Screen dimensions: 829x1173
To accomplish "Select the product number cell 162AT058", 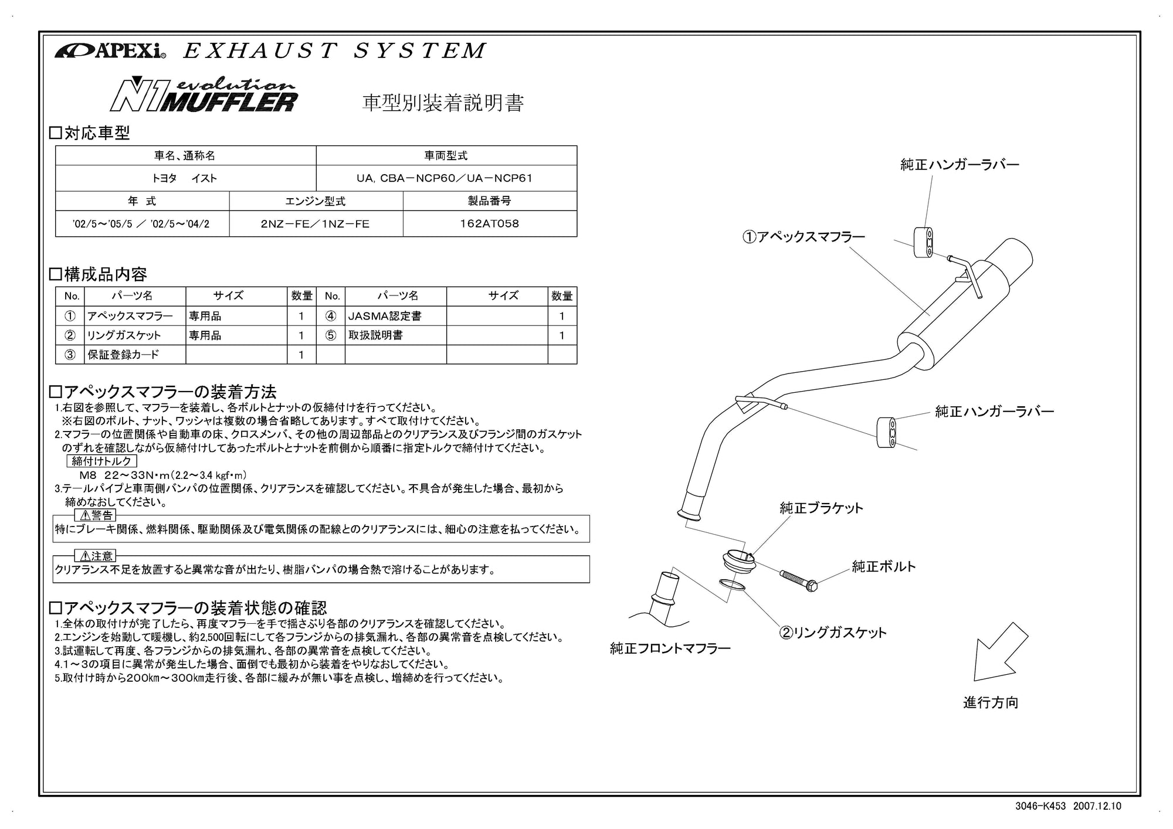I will [x=490, y=223].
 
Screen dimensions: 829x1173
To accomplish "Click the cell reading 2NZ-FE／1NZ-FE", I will [x=316, y=223].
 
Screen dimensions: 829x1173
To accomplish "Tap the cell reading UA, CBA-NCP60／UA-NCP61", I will [x=446, y=178].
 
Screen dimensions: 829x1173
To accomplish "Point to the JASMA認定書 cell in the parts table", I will [x=385, y=316].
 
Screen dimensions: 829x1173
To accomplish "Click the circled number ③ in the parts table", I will [x=70, y=354].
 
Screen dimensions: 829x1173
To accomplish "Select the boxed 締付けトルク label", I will [x=102, y=461].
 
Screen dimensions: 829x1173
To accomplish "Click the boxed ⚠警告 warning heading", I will [x=96, y=515].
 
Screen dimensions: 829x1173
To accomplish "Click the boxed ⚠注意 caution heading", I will [x=96, y=556].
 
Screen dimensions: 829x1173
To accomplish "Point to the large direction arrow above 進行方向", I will [x=999, y=651].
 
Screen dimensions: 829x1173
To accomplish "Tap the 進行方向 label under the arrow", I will [x=991, y=702].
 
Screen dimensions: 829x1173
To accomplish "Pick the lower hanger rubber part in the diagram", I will [x=887, y=433].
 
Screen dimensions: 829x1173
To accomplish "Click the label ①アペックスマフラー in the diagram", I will [x=804, y=237].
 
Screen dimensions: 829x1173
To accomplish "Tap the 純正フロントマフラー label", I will [x=670, y=648].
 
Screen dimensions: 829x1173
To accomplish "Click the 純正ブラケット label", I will [x=821, y=508].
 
